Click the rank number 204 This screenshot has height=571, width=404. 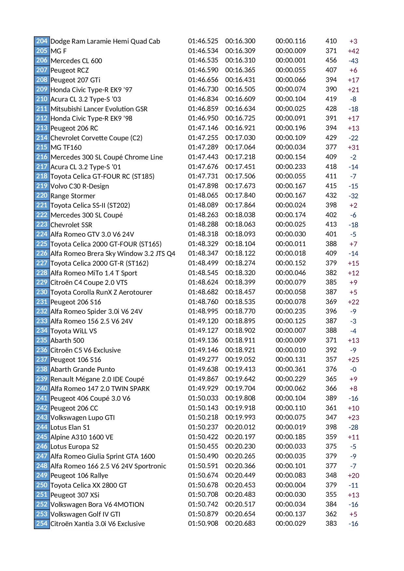[x=42, y=41]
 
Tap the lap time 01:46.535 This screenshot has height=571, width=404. [x=203, y=60]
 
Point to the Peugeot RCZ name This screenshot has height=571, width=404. [x=70, y=70]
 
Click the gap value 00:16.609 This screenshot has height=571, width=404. [x=240, y=99]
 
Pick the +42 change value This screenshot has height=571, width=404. [x=353, y=51]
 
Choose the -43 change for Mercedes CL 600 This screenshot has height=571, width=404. [x=353, y=61]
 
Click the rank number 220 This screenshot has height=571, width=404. [x=42, y=195]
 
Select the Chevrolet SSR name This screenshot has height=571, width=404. [x=71, y=225]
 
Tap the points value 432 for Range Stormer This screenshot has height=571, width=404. [x=331, y=195]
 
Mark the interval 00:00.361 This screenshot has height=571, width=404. [x=291, y=369]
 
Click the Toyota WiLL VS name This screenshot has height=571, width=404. [x=74, y=331]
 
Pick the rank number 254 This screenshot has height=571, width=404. [x=42, y=523]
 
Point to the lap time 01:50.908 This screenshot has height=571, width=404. [x=203, y=523]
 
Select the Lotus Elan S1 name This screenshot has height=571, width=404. [x=70, y=427]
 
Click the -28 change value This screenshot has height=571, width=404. [x=353, y=427]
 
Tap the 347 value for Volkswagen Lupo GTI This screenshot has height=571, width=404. [x=331, y=417]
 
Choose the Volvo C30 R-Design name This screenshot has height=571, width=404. [x=80, y=186]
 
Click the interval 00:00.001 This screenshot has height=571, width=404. [x=291, y=60]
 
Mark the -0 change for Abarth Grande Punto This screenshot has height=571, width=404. [x=353, y=369]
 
